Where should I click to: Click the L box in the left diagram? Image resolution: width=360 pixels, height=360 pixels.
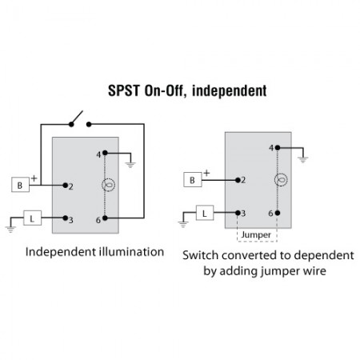(33, 218)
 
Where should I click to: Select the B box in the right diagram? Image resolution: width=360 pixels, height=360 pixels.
(192, 180)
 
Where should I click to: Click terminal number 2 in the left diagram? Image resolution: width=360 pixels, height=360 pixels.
(72, 186)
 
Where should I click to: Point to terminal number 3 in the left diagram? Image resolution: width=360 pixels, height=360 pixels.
(71, 219)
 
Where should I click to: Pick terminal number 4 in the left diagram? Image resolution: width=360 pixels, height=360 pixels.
(98, 153)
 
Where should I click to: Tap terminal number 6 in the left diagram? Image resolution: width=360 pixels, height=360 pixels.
(98, 218)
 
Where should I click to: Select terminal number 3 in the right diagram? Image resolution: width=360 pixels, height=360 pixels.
(244, 213)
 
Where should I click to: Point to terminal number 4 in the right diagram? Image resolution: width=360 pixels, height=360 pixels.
(271, 147)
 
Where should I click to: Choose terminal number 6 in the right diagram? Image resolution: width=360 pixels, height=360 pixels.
(271, 213)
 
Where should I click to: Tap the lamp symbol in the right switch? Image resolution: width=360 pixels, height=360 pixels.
(279, 180)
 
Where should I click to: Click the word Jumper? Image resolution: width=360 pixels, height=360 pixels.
(257, 234)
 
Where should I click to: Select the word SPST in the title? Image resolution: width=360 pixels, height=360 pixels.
(123, 91)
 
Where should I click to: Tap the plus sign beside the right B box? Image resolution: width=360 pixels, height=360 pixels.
(206, 171)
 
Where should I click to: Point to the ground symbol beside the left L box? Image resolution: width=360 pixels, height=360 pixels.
(10, 228)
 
